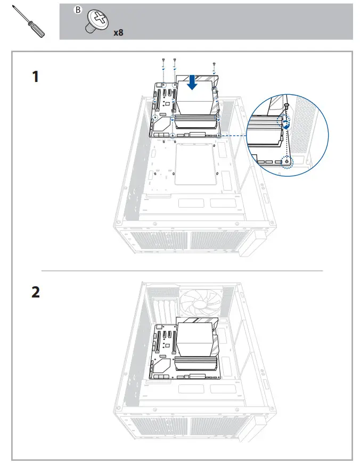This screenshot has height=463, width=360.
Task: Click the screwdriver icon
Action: (x=32, y=22)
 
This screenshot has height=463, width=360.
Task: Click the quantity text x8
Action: (x=118, y=32)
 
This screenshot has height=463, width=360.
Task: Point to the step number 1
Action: (x=35, y=77)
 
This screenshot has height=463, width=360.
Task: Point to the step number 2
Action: (x=35, y=292)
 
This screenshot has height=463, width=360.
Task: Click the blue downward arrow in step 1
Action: (x=192, y=82)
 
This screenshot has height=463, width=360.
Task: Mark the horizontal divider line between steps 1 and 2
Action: (x=181, y=271)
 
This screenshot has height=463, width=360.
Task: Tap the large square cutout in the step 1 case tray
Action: (x=197, y=162)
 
